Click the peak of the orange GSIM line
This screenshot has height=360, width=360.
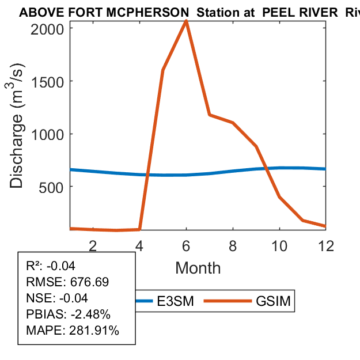[x=186, y=21]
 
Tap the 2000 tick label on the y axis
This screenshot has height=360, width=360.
[x=51, y=28]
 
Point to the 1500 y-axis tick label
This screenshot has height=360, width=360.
[x=51, y=81]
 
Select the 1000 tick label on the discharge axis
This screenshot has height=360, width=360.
[x=51, y=134]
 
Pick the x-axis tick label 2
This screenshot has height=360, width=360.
[x=93, y=245]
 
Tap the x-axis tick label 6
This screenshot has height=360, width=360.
[x=186, y=245]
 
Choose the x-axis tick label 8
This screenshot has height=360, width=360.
[x=233, y=245]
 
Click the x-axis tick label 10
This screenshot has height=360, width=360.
[x=279, y=245]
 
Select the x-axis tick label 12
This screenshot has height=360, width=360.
[x=326, y=245]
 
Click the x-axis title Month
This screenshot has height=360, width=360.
[x=198, y=268]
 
